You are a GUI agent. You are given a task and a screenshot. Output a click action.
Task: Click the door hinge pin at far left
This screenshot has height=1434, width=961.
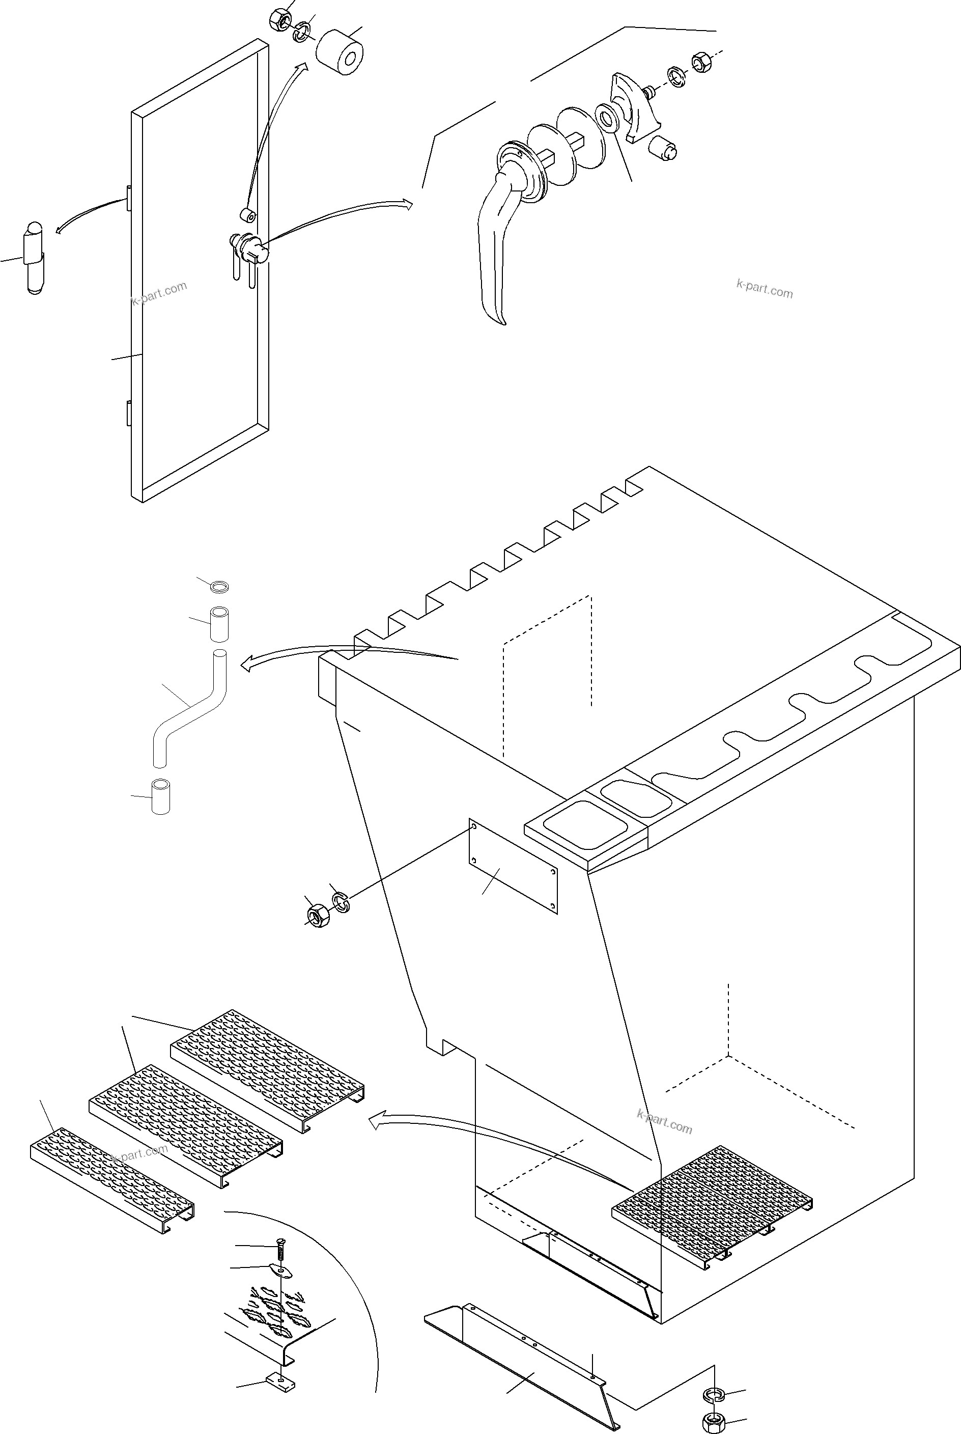click(34, 258)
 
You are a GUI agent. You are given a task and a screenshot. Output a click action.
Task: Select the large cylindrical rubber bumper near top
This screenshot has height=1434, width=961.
click(340, 53)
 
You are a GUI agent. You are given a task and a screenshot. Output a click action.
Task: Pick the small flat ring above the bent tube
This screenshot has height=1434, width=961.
click(220, 587)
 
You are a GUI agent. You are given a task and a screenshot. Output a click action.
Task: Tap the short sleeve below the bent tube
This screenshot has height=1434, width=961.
click(160, 796)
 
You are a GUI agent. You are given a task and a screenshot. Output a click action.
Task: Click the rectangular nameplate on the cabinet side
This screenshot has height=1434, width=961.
click(513, 866)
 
